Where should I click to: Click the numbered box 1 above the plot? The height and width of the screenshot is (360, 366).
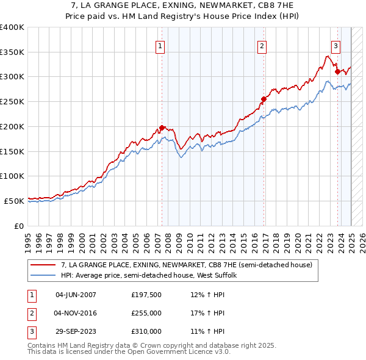[160, 45]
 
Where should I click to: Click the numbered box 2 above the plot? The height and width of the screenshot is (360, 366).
[262, 45]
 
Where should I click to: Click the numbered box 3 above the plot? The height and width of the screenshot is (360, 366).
[335, 45]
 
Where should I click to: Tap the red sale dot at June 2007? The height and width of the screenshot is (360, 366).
[162, 128]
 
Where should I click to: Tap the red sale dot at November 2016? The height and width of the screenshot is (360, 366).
[264, 99]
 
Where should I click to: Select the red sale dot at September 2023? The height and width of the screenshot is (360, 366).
[337, 71]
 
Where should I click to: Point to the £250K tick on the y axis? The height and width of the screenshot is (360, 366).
[12, 102]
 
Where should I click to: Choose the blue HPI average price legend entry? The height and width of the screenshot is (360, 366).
[152, 276]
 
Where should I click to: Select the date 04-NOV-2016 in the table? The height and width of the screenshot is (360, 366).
[76, 313]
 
